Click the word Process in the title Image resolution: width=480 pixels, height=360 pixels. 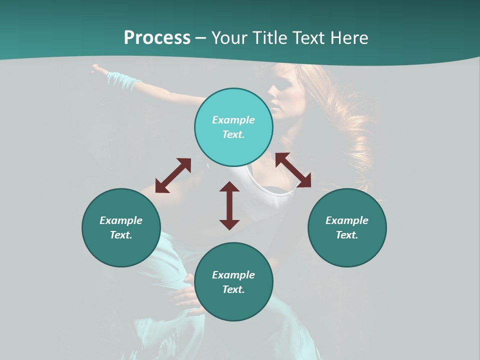click(x=157, y=38)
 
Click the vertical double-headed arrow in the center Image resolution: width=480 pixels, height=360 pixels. click(x=229, y=205)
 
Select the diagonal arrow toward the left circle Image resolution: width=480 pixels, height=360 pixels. click(x=173, y=175)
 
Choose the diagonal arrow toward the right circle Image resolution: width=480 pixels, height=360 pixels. click(x=293, y=170)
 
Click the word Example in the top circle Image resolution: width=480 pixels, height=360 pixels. click(x=233, y=120)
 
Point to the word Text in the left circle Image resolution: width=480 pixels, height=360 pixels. click(x=121, y=235)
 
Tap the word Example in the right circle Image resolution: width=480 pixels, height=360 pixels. click(x=347, y=220)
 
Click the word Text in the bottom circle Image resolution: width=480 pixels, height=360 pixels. click(x=233, y=289)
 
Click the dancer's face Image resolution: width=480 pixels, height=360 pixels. click(x=279, y=95)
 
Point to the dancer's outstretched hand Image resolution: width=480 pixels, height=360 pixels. click(x=99, y=68)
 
